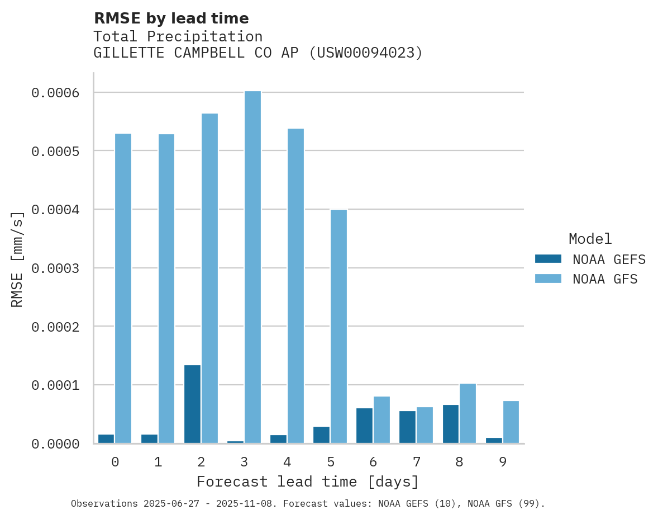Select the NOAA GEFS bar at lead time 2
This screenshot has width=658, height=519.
tap(192, 404)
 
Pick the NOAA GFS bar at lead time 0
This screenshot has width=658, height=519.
tap(123, 288)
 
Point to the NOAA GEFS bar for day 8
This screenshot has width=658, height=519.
tap(451, 423)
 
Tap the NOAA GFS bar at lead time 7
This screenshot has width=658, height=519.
tap(425, 424)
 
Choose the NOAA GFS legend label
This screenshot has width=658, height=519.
tap(605, 279)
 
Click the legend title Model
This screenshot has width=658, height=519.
tap(590, 239)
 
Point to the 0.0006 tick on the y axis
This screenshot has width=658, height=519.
tap(55, 93)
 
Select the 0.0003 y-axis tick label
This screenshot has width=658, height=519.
tap(55, 268)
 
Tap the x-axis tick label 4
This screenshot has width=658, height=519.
tap(287, 463)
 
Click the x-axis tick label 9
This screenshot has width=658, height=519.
tap(503, 463)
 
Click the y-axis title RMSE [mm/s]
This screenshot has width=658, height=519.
tap(17, 259)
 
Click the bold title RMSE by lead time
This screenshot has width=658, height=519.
tap(171, 18)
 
